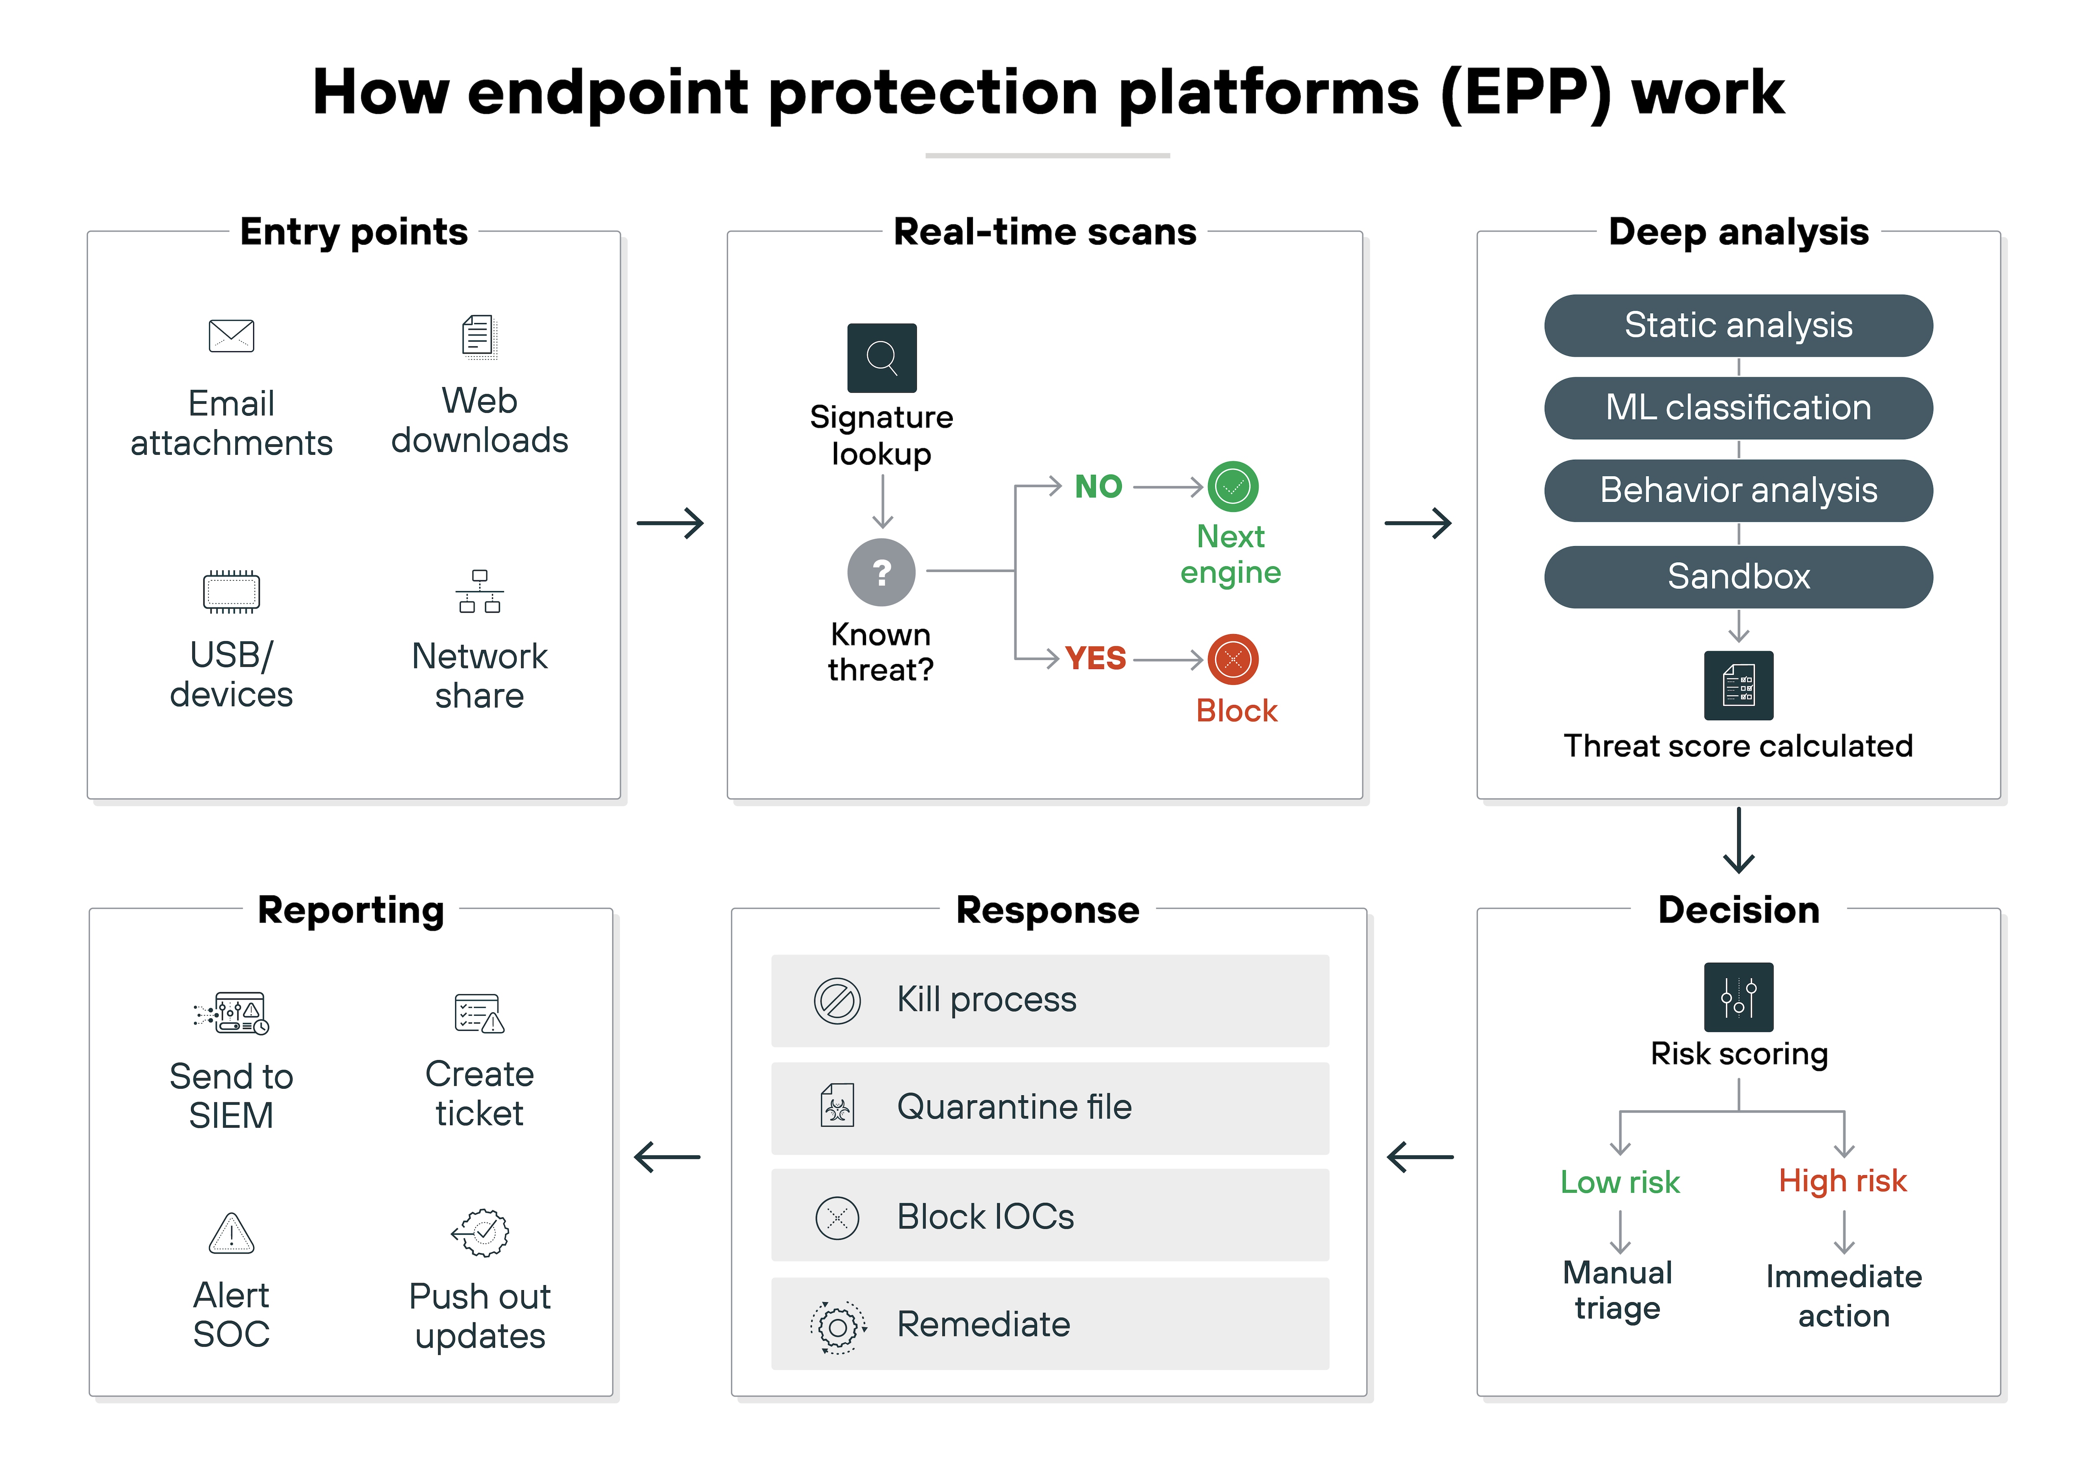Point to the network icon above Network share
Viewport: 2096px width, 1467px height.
click(x=479, y=591)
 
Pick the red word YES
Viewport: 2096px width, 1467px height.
click(x=1095, y=658)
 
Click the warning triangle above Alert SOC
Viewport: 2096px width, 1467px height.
click(x=232, y=1233)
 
